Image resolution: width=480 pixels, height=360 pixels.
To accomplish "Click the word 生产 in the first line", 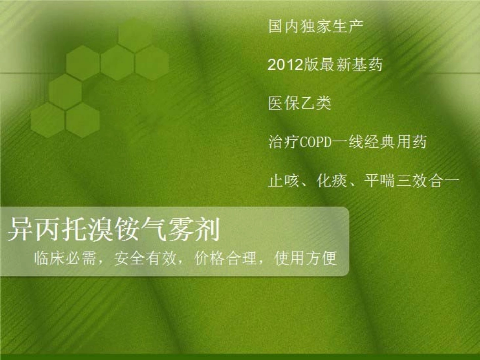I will click(348, 26).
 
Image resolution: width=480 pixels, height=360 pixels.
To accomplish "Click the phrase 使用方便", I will click(305, 259).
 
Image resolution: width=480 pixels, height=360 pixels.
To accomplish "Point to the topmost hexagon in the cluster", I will click(135, 34).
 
